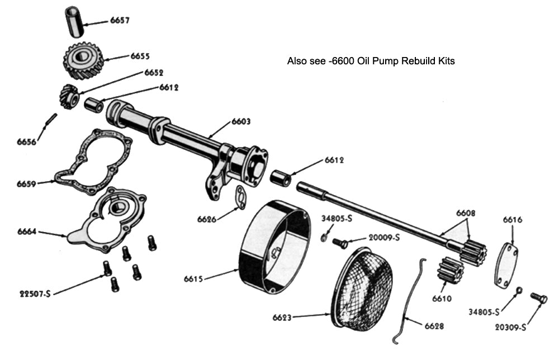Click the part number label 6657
point(120,21)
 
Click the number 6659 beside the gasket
point(27,183)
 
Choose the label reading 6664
point(27,231)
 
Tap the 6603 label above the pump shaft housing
point(241,122)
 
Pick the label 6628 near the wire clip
point(434,326)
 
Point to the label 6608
point(466,213)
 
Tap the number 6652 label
point(154,73)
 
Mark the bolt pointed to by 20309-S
point(538,298)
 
